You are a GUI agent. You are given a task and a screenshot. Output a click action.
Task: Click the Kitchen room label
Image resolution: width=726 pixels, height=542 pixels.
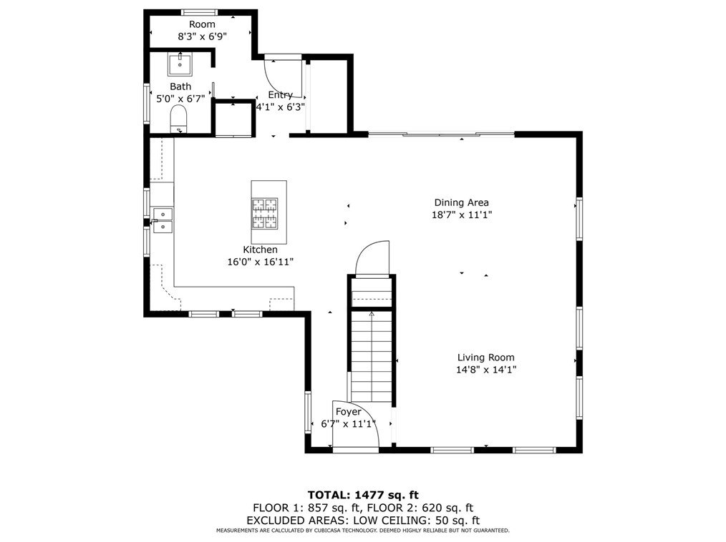pyautogui.click(x=260, y=250)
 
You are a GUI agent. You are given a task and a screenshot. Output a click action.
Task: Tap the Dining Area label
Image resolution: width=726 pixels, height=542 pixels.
pyautogui.click(x=461, y=202)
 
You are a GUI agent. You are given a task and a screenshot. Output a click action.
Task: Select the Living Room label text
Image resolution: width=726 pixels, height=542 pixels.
pyautogui.click(x=486, y=358)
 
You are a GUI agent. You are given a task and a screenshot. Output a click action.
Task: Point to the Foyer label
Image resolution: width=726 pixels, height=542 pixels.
pyautogui.click(x=349, y=412)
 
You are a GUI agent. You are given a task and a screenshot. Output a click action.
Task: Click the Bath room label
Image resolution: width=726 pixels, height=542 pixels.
pyautogui.click(x=180, y=87)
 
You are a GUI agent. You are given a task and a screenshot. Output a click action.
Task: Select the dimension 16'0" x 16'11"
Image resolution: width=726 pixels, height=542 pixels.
pyautogui.click(x=260, y=262)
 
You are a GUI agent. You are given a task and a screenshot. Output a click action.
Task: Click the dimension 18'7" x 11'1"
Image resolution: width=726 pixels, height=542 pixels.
pyautogui.click(x=461, y=215)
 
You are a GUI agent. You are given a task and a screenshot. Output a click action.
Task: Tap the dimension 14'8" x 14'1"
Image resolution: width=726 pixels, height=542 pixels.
pyautogui.click(x=486, y=370)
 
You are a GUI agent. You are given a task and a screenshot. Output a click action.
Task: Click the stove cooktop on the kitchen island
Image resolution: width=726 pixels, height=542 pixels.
pyautogui.click(x=263, y=213)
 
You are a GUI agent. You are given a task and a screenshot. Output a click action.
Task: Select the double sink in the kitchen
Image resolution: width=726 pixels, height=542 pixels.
pyautogui.click(x=163, y=220)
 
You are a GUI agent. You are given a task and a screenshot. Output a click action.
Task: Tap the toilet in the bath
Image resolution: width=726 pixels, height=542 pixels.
pyautogui.click(x=178, y=119)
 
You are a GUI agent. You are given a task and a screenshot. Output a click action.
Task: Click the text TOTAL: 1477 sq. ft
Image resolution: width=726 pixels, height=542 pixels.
pyautogui.click(x=363, y=494)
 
